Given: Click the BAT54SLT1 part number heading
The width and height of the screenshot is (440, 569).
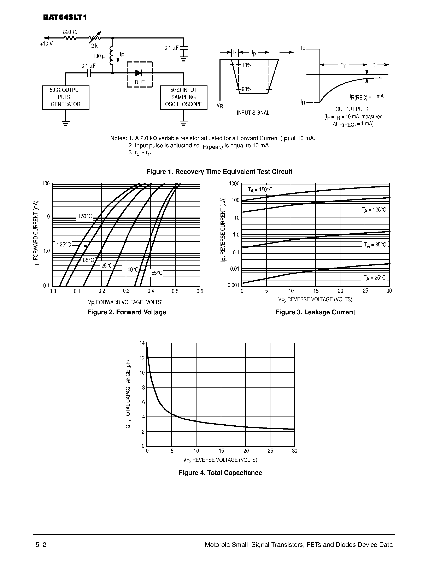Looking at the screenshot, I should point(65,17).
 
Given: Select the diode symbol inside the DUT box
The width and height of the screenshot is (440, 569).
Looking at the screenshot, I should point(138,73).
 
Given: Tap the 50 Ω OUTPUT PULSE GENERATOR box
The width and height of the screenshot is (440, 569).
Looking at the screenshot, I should point(65,97).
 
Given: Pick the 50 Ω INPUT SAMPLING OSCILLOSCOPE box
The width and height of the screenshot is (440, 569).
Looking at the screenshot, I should point(183,97).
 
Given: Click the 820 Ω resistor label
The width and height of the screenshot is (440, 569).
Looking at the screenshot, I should point(70,32).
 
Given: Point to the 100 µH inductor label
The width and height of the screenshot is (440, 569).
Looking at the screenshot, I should point(101,56).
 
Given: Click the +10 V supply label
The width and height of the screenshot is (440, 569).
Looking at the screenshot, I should point(46,44).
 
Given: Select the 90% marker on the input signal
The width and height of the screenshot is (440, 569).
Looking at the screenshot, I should point(246,89).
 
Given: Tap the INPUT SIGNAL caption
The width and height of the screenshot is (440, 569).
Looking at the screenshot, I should point(253,113).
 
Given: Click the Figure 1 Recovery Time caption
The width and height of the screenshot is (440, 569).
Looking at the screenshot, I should point(219,172).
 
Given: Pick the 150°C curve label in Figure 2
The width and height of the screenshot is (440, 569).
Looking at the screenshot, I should point(85,216).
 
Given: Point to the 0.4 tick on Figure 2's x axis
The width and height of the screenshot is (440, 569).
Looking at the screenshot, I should point(151,291).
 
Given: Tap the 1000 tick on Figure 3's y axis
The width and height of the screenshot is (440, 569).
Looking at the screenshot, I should point(234,184).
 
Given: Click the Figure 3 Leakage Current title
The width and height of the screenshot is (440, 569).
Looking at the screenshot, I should point(315,312).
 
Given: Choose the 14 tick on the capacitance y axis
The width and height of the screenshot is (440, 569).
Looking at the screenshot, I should point(142,343).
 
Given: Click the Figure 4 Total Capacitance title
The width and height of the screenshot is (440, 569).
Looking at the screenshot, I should point(220,473).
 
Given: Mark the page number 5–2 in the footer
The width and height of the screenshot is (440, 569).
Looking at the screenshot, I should point(41,545).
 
